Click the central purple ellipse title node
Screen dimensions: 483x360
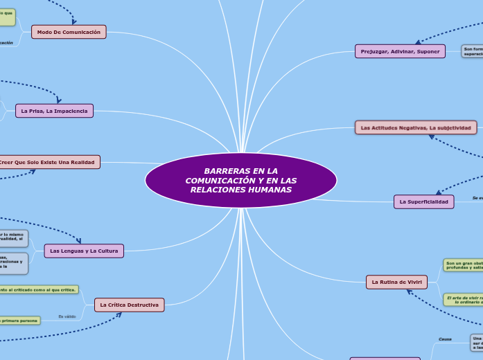tap(240, 180)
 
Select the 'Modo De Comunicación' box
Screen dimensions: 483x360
tap(69, 32)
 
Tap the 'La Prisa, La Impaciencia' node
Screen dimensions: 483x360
tap(54, 111)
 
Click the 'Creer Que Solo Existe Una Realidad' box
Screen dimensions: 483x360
tap(49, 162)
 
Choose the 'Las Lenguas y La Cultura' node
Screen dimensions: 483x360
tap(84, 251)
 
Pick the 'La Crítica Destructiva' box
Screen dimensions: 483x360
tap(129, 305)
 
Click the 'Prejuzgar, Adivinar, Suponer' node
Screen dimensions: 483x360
tap(400, 51)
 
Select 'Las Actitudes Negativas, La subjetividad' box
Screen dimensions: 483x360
tap(416, 127)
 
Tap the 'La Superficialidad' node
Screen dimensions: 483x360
tap(424, 201)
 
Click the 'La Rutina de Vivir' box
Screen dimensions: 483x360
tap(396, 282)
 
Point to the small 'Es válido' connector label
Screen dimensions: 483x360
tap(67, 316)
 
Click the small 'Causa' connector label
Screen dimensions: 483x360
tap(445, 339)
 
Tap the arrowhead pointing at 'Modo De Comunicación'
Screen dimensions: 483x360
tap(74, 22)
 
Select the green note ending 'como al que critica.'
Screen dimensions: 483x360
tap(39, 289)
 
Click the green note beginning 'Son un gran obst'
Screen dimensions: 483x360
tap(463, 264)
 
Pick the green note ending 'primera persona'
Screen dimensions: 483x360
tap(19, 320)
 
